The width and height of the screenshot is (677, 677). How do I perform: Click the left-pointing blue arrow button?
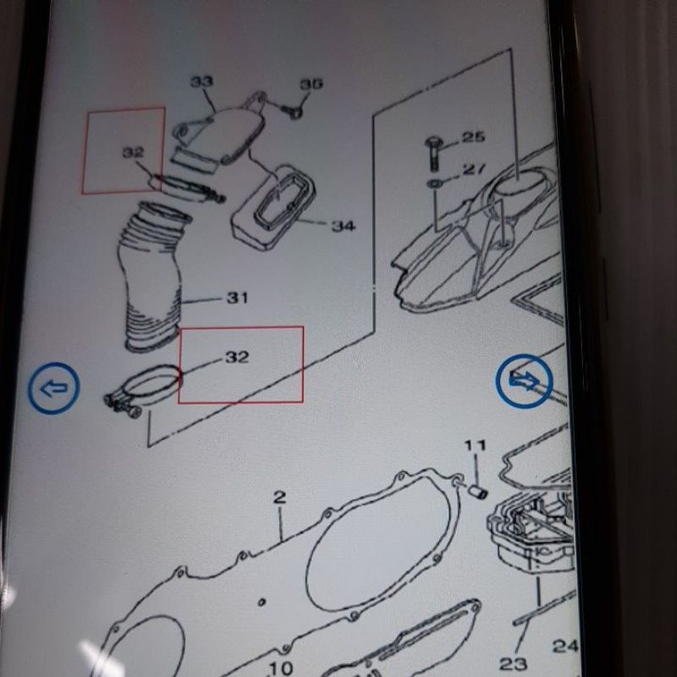tap(54, 388)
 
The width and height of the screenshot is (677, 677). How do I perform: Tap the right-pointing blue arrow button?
tap(524, 382)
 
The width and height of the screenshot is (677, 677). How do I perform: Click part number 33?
tap(201, 81)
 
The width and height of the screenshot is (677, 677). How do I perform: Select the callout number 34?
tap(344, 225)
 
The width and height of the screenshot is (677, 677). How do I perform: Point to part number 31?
tap(238, 298)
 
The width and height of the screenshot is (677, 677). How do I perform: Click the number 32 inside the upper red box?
tap(134, 152)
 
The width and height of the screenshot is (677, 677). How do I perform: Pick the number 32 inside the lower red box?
tap(237, 357)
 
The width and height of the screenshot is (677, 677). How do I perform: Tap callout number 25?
tap(474, 137)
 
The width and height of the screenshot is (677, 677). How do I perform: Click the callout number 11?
tap(476, 445)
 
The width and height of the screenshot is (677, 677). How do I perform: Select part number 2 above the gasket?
tap(280, 498)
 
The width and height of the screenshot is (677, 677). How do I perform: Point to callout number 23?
tap(514, 663)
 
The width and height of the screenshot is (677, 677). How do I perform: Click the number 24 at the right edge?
tap(565, 646)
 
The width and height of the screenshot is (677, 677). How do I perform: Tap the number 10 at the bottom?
tap(281, 669)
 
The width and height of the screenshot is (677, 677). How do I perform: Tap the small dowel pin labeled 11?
tap(479, 491)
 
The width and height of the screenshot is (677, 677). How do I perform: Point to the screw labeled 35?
tap(294, 112)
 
